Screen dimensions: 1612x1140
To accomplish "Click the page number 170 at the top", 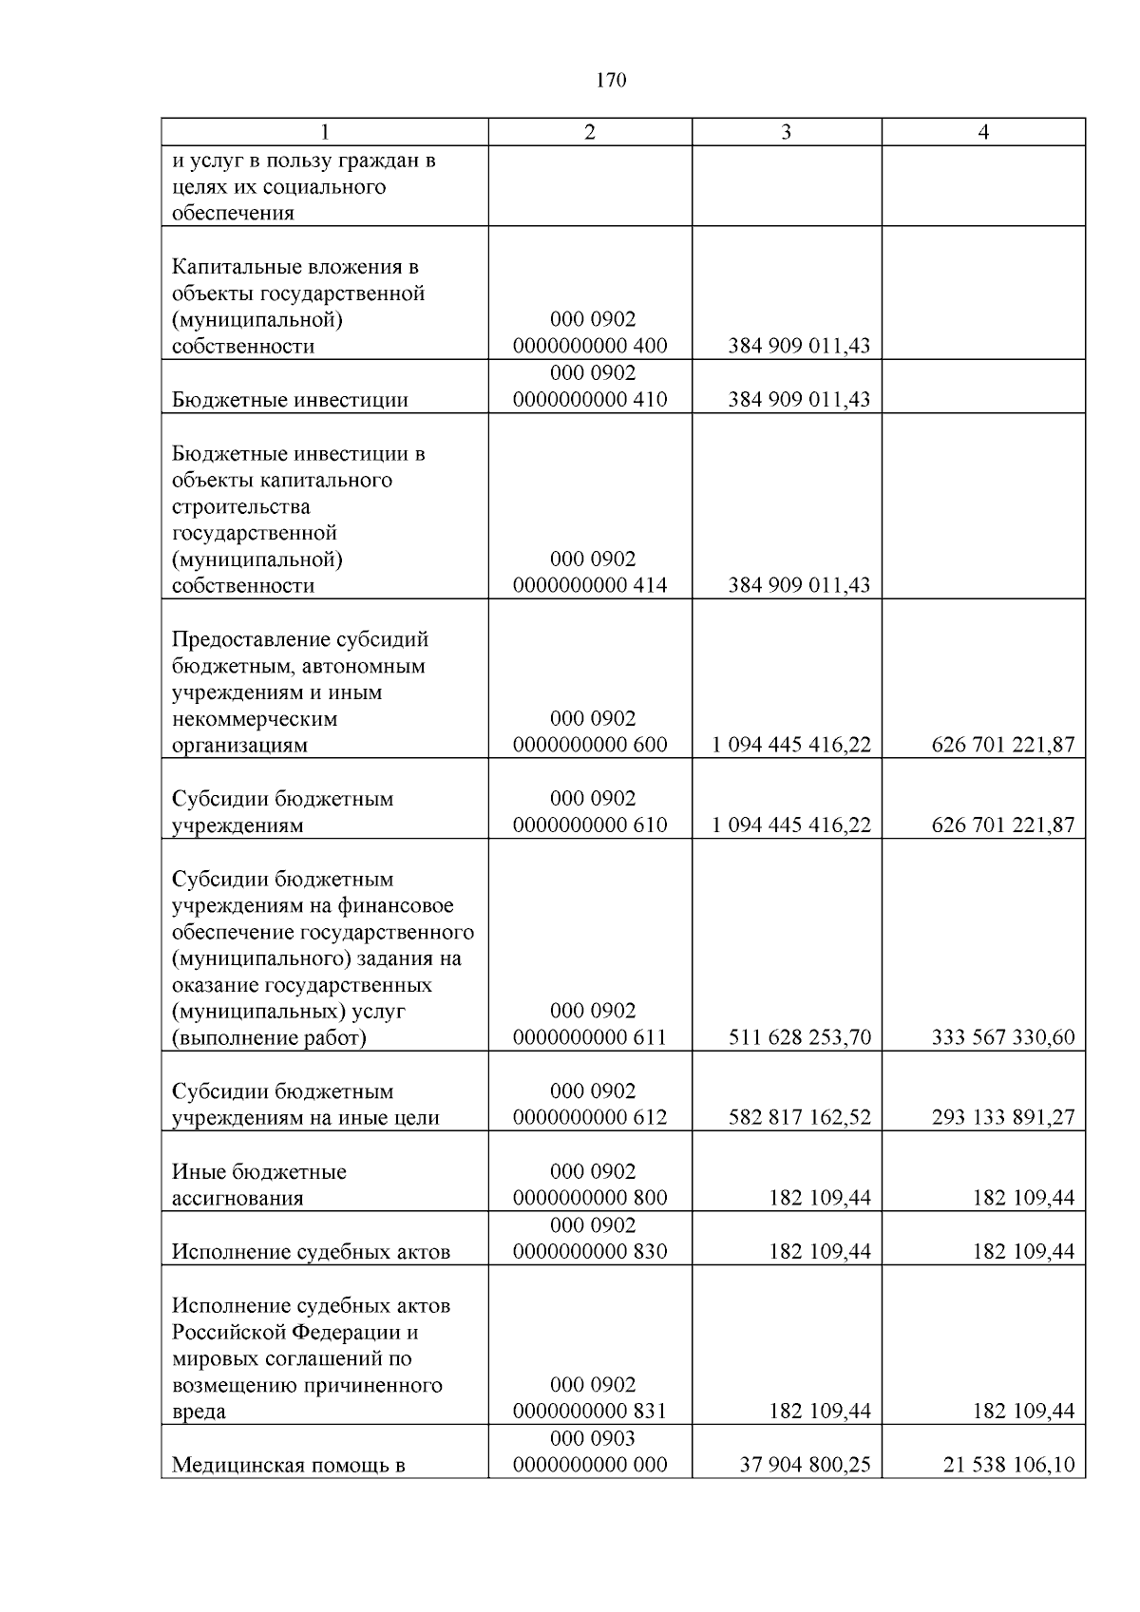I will pyautogui.click(x=611, y=81).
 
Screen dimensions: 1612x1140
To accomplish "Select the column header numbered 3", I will pyautogui.click(x=786, y=132).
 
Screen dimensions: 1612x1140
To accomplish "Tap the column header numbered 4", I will pyautogui.click(x=983, y=132).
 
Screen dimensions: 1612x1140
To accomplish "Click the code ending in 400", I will pyautogui.click(x=590, y=346).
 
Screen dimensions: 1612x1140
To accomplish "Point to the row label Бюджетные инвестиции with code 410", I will pyautogui.click(x=290, y=399).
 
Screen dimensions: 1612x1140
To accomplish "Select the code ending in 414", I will pyautogui.click(x=590, y=585).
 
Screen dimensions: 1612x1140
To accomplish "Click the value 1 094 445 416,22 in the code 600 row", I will pyautogui.click(x=791, y=745).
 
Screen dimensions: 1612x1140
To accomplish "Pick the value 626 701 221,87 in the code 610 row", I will pyautogui.click(x=1002, y=825).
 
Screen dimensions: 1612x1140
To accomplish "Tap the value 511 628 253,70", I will pyautogui.click(x=799, y=1037).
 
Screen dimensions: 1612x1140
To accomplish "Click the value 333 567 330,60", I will pyautogui.click(x=1002, y=1037).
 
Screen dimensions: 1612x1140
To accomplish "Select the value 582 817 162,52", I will pyautogui.click(x=799, y=1117).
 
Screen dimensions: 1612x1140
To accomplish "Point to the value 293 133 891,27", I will pyautogui.click(x=1002, y=1117).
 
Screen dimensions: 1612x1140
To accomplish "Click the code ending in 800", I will pyautogui.click(x=590, y=1197).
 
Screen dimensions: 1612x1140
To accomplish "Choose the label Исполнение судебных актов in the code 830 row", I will pyautogui.click(x=311, y=1251).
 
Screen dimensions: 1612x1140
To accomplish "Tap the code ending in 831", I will pyautogui.click(x=590, y=1411).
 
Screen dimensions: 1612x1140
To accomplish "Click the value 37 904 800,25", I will pyautogui.click(x=805, y=1465).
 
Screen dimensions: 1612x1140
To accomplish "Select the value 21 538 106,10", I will pyautogui.click(x=1008, y=1465).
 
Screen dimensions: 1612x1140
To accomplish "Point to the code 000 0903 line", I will pyautogui.click(x=592, y=1438).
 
